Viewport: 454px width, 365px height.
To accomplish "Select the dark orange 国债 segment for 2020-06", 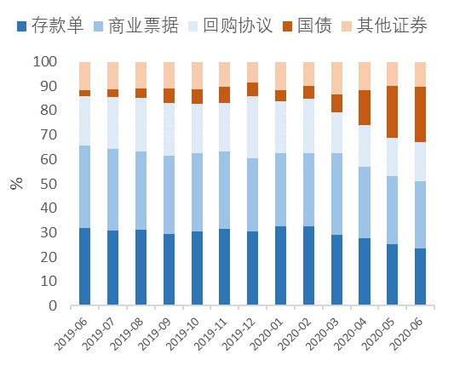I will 420,114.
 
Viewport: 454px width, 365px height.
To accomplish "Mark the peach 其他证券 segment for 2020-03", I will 336,77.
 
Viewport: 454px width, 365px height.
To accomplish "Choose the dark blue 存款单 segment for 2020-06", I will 420,277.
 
